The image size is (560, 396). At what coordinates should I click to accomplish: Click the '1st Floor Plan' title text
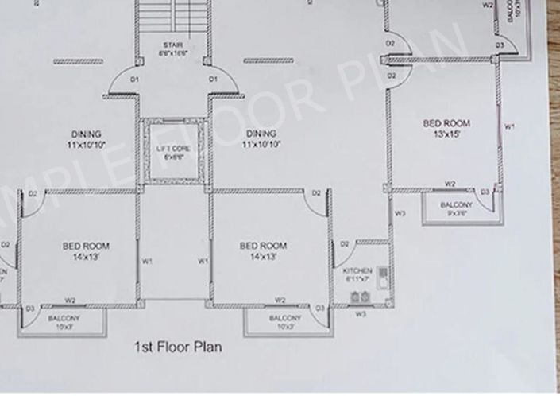pyautogui.click(x=178, y=347)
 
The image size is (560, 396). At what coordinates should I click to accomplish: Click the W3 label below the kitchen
pyautogui.click(x=360, y=314)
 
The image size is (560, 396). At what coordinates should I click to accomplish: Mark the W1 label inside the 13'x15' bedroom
pyautogui.click(x=509, y=126)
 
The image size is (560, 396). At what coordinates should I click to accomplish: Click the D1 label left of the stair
pyautogui.click(x=134, y=80)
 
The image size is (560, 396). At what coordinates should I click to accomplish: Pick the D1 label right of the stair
pyautogui.click(x=213, y=80)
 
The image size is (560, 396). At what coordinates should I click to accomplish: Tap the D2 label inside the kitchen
pyautogui.click(x=344, y=243)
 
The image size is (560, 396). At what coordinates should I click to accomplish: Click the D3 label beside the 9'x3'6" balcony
pyautogui.click(x=485, y=192)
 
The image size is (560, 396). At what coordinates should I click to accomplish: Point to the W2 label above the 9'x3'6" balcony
pyautogui.click(x=450, y=184)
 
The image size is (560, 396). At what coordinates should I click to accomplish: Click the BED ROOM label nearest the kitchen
pyautogui.click(x=263, y=250)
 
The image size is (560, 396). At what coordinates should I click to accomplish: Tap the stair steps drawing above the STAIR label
pyautogui.click(x=173, y=16)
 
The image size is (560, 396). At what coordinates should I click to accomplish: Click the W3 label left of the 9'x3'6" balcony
pyautogui.click(x=400, y=213)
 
